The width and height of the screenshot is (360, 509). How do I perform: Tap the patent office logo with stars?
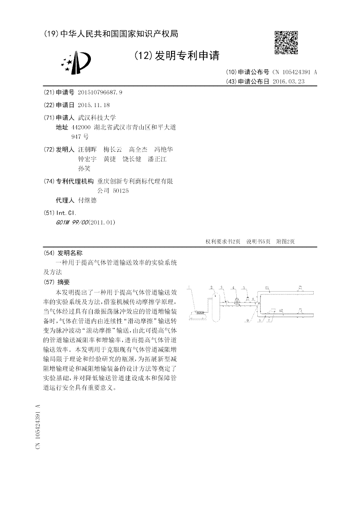76,63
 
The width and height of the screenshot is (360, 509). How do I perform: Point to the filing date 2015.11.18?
94,104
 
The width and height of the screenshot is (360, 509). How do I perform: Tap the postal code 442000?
81,127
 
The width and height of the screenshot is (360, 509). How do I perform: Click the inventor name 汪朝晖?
87,149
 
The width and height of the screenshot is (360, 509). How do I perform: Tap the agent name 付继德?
87,200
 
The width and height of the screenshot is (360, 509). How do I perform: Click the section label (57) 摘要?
57,282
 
